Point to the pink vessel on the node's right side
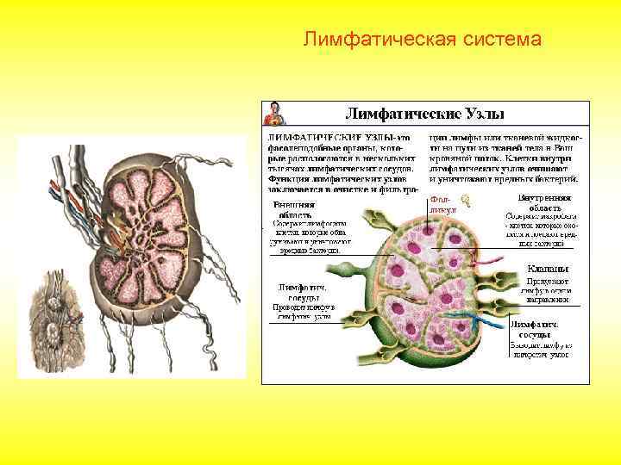(x=488, y=260)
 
